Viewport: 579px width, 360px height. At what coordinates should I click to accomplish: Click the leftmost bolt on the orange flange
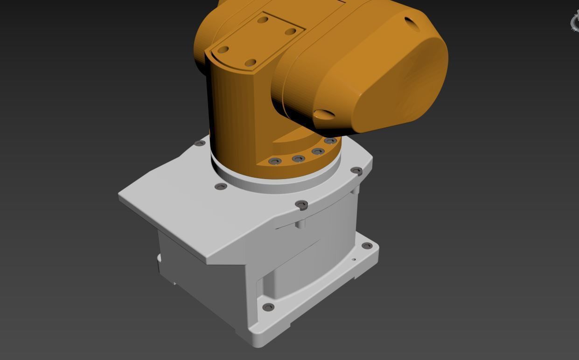click(x=275, y=161)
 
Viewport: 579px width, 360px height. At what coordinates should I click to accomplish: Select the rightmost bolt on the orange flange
click(x=330, y=141)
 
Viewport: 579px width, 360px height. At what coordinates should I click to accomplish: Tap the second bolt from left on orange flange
click(x=298, y=159)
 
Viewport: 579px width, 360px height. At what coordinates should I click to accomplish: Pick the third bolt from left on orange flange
click(x=318, y=152)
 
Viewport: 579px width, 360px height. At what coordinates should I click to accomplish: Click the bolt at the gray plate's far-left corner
click(x=200, y=143)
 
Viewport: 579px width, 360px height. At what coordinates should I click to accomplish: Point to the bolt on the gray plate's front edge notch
click(x=302, y=204)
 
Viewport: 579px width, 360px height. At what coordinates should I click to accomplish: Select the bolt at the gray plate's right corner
click(x=356, y=171)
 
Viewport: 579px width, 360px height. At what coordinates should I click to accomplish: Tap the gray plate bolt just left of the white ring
click(x=221, y=187)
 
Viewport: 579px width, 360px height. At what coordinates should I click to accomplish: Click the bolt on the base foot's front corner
click(x=268, y=307)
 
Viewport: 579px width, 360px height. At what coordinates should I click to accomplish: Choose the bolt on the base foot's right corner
click(x=367, y=246)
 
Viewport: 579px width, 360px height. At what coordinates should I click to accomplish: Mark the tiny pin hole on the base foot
click(x=354, y=260)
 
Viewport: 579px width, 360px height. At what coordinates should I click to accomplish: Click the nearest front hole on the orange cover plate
click(x=251, y=62)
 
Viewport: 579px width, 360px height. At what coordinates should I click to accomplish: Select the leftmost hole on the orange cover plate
click(x=223, y=49)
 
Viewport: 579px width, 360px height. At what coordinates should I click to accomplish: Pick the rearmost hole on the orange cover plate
click(x=263, y=20)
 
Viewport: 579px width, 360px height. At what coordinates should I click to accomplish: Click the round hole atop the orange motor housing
click(x=411, y=23)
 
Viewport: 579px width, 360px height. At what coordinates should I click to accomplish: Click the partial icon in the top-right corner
click(x=575, y=21)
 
